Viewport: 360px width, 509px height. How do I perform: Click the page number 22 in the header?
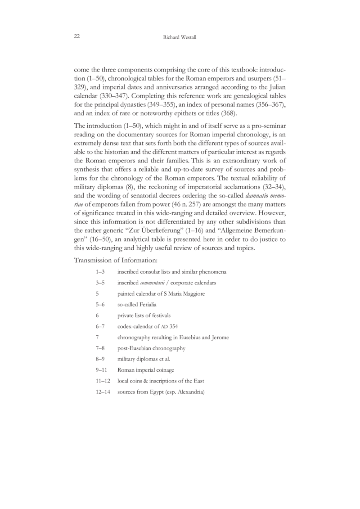click(x=77, y=37)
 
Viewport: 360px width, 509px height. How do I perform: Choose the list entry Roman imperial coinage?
click(x=145, y=370)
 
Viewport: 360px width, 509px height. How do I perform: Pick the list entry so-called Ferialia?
click(x=137, y=305)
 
